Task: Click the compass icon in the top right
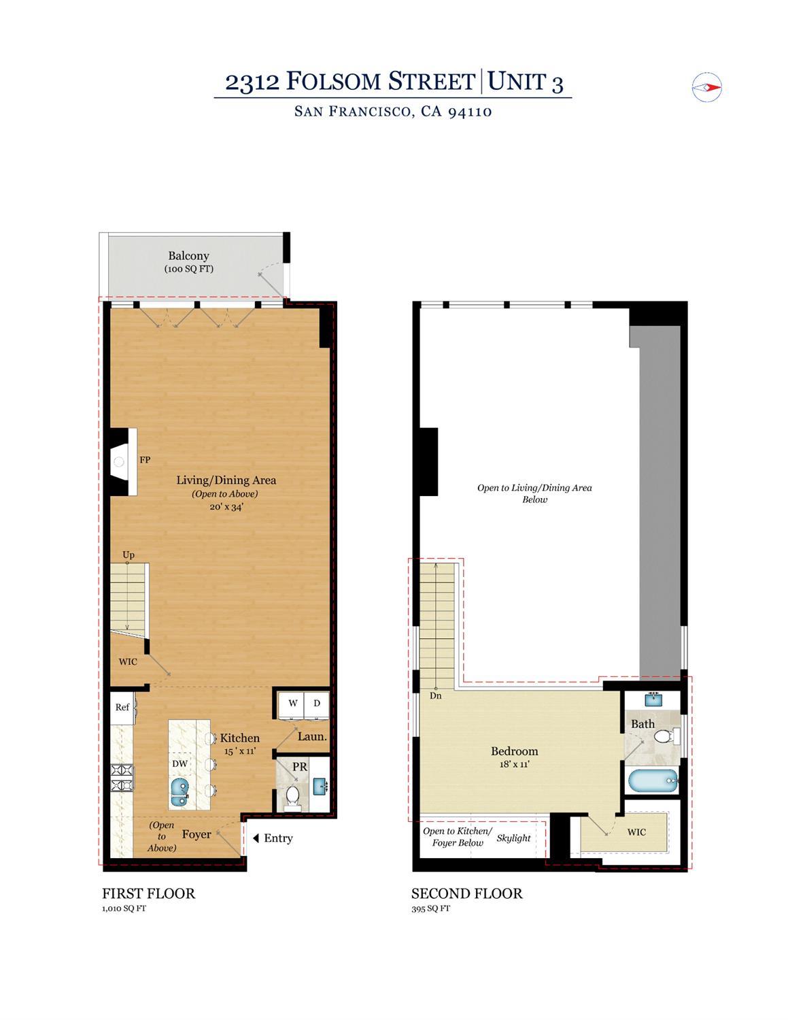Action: click(706, 87)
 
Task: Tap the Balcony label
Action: click(188, 256)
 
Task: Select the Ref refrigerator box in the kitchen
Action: click(122, 707)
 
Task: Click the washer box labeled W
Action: click(292, 704)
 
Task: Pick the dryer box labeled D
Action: click(316, 704)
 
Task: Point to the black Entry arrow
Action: click(256, 838)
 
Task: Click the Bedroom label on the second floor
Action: click(514, 751)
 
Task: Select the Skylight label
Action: click(513, 838)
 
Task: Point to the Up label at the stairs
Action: click(129, 555)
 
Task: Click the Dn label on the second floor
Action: click(436, 695)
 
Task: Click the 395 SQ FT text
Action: click(430, 908)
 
